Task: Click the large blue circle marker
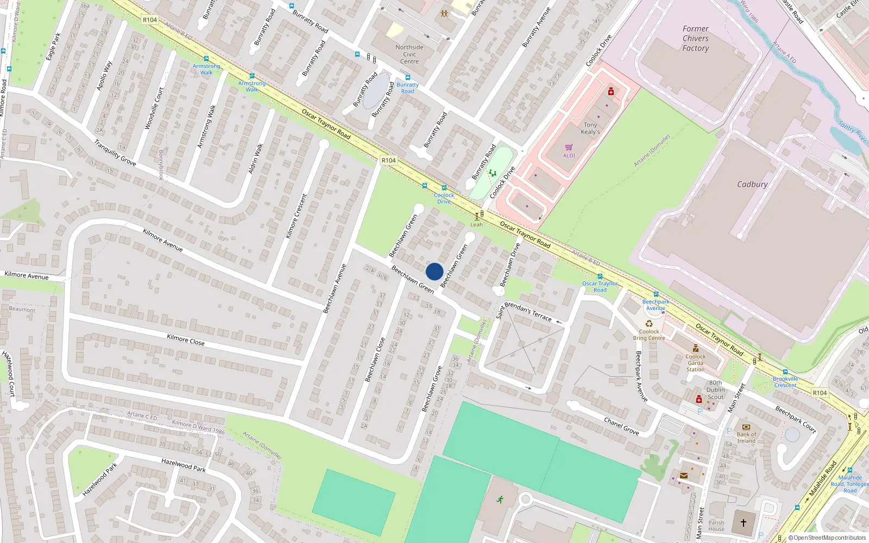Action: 434,271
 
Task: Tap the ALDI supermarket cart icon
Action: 569,147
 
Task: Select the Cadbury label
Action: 752,185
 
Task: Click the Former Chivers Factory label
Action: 696,39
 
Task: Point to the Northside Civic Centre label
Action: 410,54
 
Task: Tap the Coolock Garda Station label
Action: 695,363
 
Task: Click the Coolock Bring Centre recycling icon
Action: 649,324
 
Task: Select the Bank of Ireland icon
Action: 746,427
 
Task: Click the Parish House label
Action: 716,526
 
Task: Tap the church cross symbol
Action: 744,522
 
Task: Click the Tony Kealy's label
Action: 590,128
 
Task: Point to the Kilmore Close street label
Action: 186,340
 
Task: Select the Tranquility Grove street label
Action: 115,153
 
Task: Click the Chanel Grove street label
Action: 621,426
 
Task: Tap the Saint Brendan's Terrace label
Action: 524,311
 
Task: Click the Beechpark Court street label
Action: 796,419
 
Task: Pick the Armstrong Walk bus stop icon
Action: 206,59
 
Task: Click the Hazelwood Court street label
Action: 9,373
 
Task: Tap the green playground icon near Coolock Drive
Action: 492,173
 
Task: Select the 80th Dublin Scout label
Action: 715,390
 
